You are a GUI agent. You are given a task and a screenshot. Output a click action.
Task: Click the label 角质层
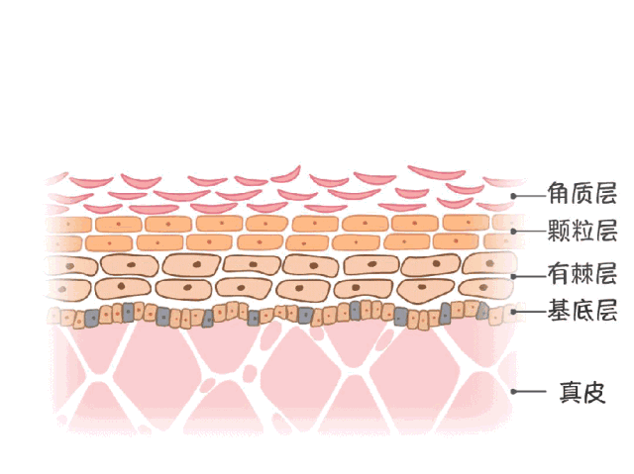point(581,194)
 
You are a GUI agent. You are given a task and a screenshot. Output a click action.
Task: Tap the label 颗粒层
point(581,233)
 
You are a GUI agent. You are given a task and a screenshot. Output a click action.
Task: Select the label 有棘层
point(581,273)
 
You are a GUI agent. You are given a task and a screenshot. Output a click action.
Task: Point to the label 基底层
point(581,312)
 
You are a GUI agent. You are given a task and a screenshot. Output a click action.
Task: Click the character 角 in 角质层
point(558,194)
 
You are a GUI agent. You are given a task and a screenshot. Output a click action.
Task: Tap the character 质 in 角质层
point(581,194)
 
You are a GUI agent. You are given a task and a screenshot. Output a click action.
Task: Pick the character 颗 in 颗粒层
point(558,233)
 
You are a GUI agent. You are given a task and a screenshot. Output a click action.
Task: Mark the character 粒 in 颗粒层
point(581,233)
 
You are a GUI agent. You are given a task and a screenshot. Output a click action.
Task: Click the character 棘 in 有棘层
point(581,273)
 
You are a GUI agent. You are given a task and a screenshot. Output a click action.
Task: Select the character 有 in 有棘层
point(558,273)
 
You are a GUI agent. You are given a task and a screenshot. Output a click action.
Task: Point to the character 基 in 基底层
point(558,312)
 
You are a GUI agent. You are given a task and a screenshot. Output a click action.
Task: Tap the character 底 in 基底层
point(581,312)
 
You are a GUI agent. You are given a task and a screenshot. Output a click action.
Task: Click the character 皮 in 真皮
point(593,391)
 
